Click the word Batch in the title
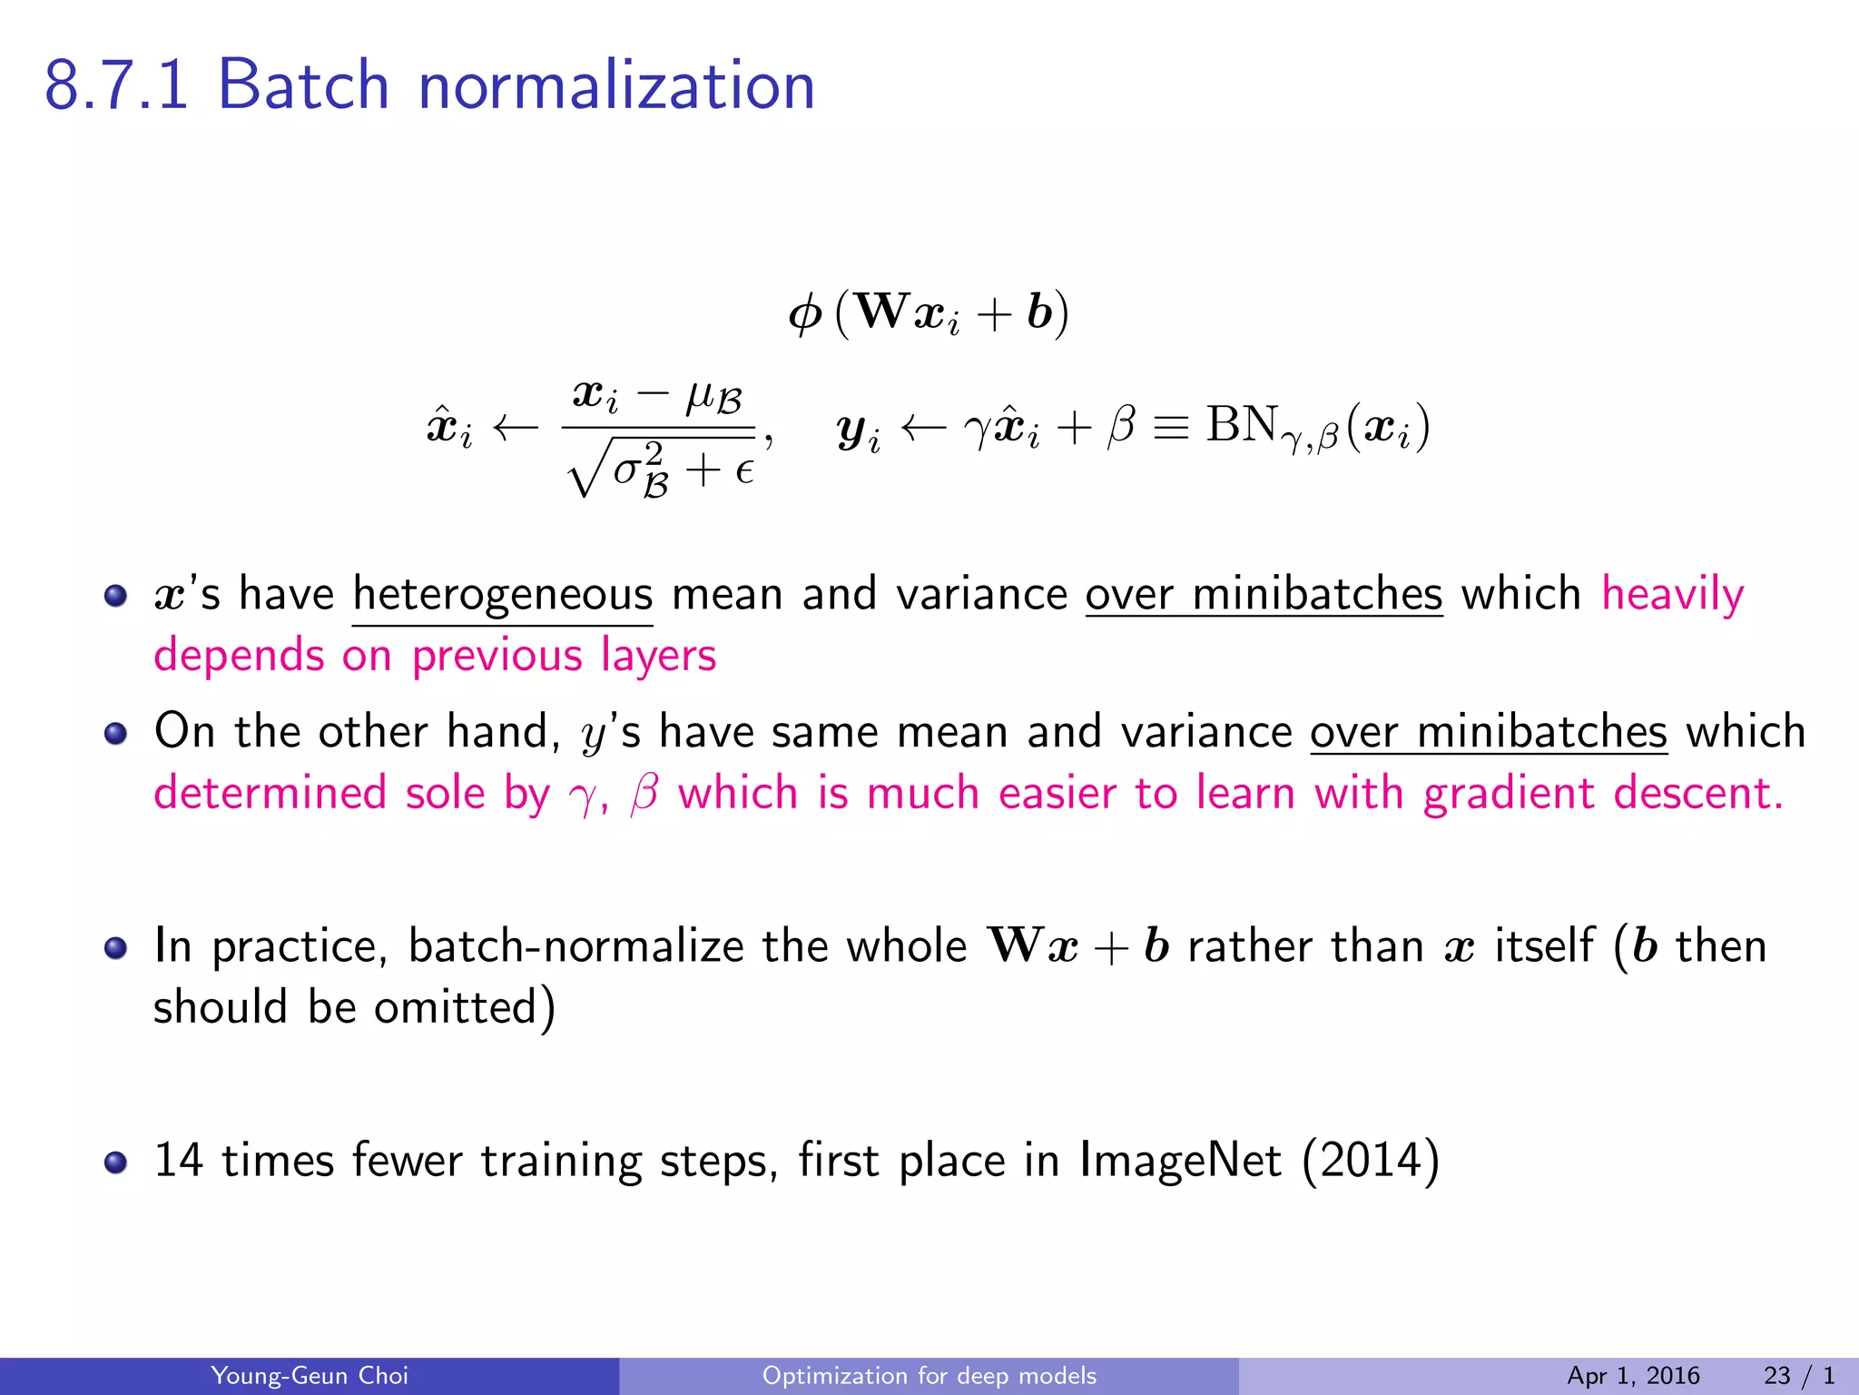pyautogui.click(x=303, y=85)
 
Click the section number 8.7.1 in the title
pyautogui.click(x=116, y=85)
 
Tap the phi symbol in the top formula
pyautogui.click(x=805, y=314)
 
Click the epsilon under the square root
pyautogui.click(x=744, y=471)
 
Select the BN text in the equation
pyautogui.click(x=1242, y=424)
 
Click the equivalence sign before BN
pyautogui.click(x=1170, y=426)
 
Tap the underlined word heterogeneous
pyautogui.click(x=502, y=595)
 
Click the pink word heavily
pyautogui.click(x=1672, y=595)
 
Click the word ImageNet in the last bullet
pyautogui.click(x=1180, y=1161)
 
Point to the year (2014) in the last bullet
pyautogui.click(x=1371, y=1161)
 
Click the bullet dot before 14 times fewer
pyautogui.click(x=115, y=1162)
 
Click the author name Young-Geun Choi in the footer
pyautogui.click(x=310, y=1376)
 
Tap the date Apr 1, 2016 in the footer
pyautogui.click(x=1633, y=1376)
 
